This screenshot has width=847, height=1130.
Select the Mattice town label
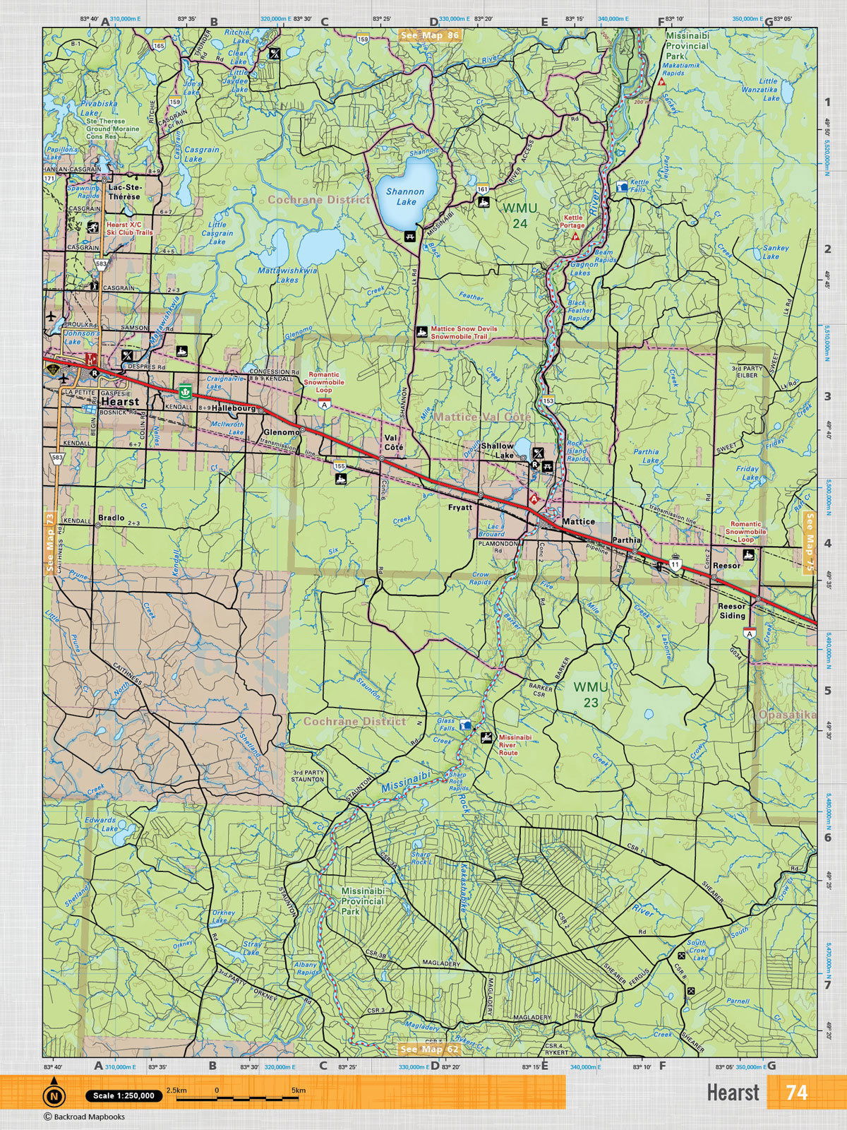(578, 521)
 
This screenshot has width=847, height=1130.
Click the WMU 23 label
(586, 694)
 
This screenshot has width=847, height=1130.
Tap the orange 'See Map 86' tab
(428, 35)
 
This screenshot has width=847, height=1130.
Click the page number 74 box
(796, 1092)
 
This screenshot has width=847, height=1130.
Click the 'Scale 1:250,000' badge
(122, 1095)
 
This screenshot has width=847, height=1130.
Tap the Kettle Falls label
(638, 186)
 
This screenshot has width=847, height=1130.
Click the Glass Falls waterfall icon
(465, 725)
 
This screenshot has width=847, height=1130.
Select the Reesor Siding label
(731, 611)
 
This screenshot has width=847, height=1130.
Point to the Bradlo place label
(112, 518)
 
